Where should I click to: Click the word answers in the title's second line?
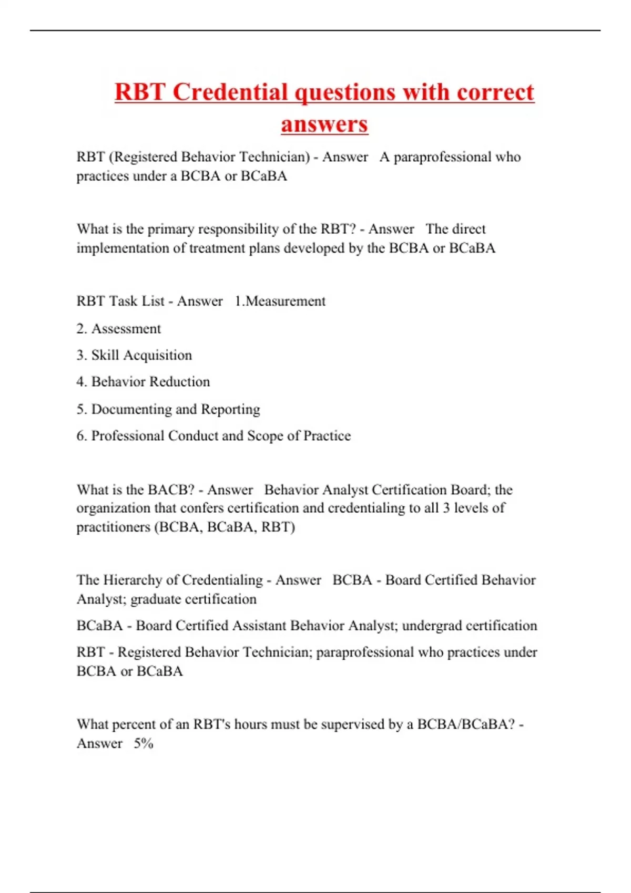pos(324,124)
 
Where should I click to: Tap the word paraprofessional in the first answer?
pos(442,157)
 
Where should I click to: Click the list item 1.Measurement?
pos(280,301)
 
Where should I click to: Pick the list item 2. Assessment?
pos(119,329)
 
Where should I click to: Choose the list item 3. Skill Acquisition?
pos(134,355)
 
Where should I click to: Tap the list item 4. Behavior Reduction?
pos(143,382)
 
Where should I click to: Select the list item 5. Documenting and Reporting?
pos(168,409)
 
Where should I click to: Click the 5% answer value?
pos(143,743)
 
